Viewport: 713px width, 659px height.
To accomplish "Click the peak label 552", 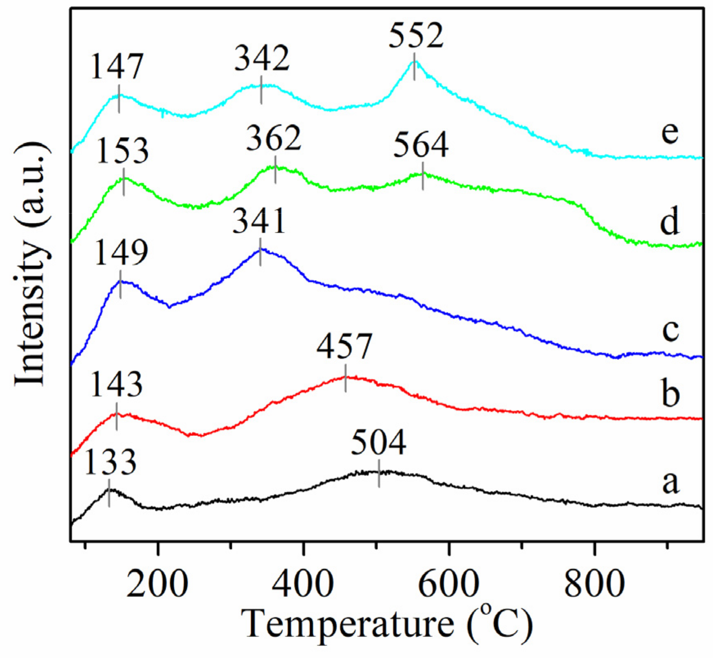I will point(416,36).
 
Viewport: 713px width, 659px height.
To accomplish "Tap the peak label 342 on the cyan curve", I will point(262,59).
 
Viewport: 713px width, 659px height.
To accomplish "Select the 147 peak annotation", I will point(117,67).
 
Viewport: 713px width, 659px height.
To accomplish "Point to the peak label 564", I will point(421,145).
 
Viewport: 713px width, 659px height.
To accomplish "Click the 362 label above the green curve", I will point(274,139).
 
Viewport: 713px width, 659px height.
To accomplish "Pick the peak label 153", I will point(122,151).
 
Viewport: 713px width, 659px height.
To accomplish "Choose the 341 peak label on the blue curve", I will point(259,221).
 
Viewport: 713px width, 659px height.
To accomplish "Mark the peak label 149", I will point(121,253).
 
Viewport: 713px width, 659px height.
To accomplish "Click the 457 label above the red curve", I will point(344,347).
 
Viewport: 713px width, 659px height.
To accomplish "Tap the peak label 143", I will point(116,385).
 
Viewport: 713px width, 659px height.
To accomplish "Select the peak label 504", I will point(378,443).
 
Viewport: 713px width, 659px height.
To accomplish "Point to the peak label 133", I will point(110,462).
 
